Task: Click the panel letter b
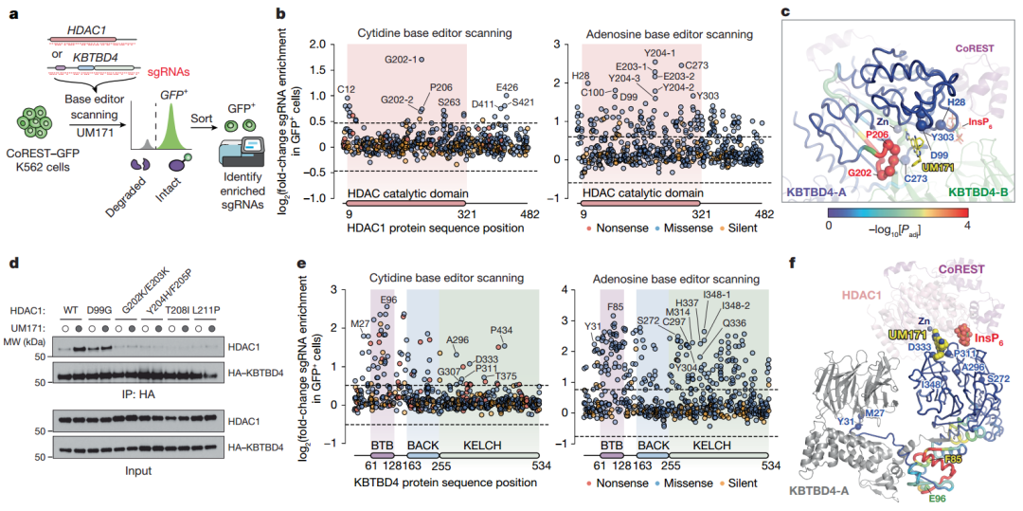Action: (x=279, y=13)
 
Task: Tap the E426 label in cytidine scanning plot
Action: (x=508, y=87)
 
